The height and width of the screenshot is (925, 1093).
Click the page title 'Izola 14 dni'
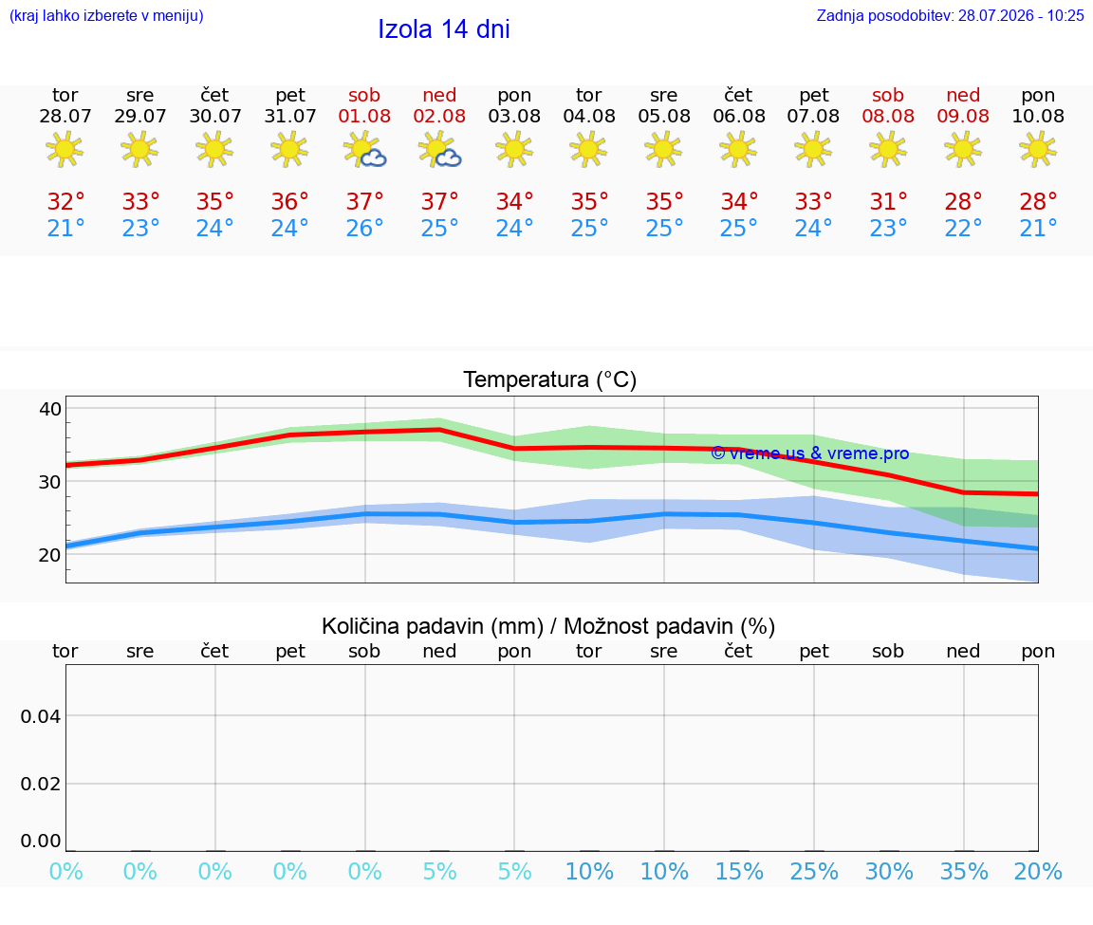point(444,29)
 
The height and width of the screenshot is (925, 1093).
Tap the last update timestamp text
point(950,15)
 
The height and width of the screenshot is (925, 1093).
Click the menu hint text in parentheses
point(106,15)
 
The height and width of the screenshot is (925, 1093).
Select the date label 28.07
point(65,116)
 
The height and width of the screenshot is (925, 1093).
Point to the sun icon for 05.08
point(663,150)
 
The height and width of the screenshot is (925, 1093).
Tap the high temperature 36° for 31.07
point(290,201)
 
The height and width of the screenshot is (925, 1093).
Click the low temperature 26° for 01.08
point(364,228)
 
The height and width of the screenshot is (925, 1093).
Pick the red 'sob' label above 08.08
point(888,95)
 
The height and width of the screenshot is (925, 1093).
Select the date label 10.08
point(1038,116)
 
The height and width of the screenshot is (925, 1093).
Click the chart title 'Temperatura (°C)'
point(550,379)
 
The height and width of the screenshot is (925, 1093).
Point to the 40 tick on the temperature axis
point(50,409)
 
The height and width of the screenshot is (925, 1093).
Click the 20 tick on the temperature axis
point(50,555)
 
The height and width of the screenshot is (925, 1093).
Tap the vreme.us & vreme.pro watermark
point(810,453)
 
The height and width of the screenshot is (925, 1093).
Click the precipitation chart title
point(548,626)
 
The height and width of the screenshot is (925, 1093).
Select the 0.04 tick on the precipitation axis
point(41,716)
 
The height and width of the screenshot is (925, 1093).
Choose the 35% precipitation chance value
point(964,871)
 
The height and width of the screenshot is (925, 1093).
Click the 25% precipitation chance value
point(814,871)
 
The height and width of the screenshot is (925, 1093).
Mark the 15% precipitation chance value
point(740,871)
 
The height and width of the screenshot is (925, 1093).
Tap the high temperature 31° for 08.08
point(888,201)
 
